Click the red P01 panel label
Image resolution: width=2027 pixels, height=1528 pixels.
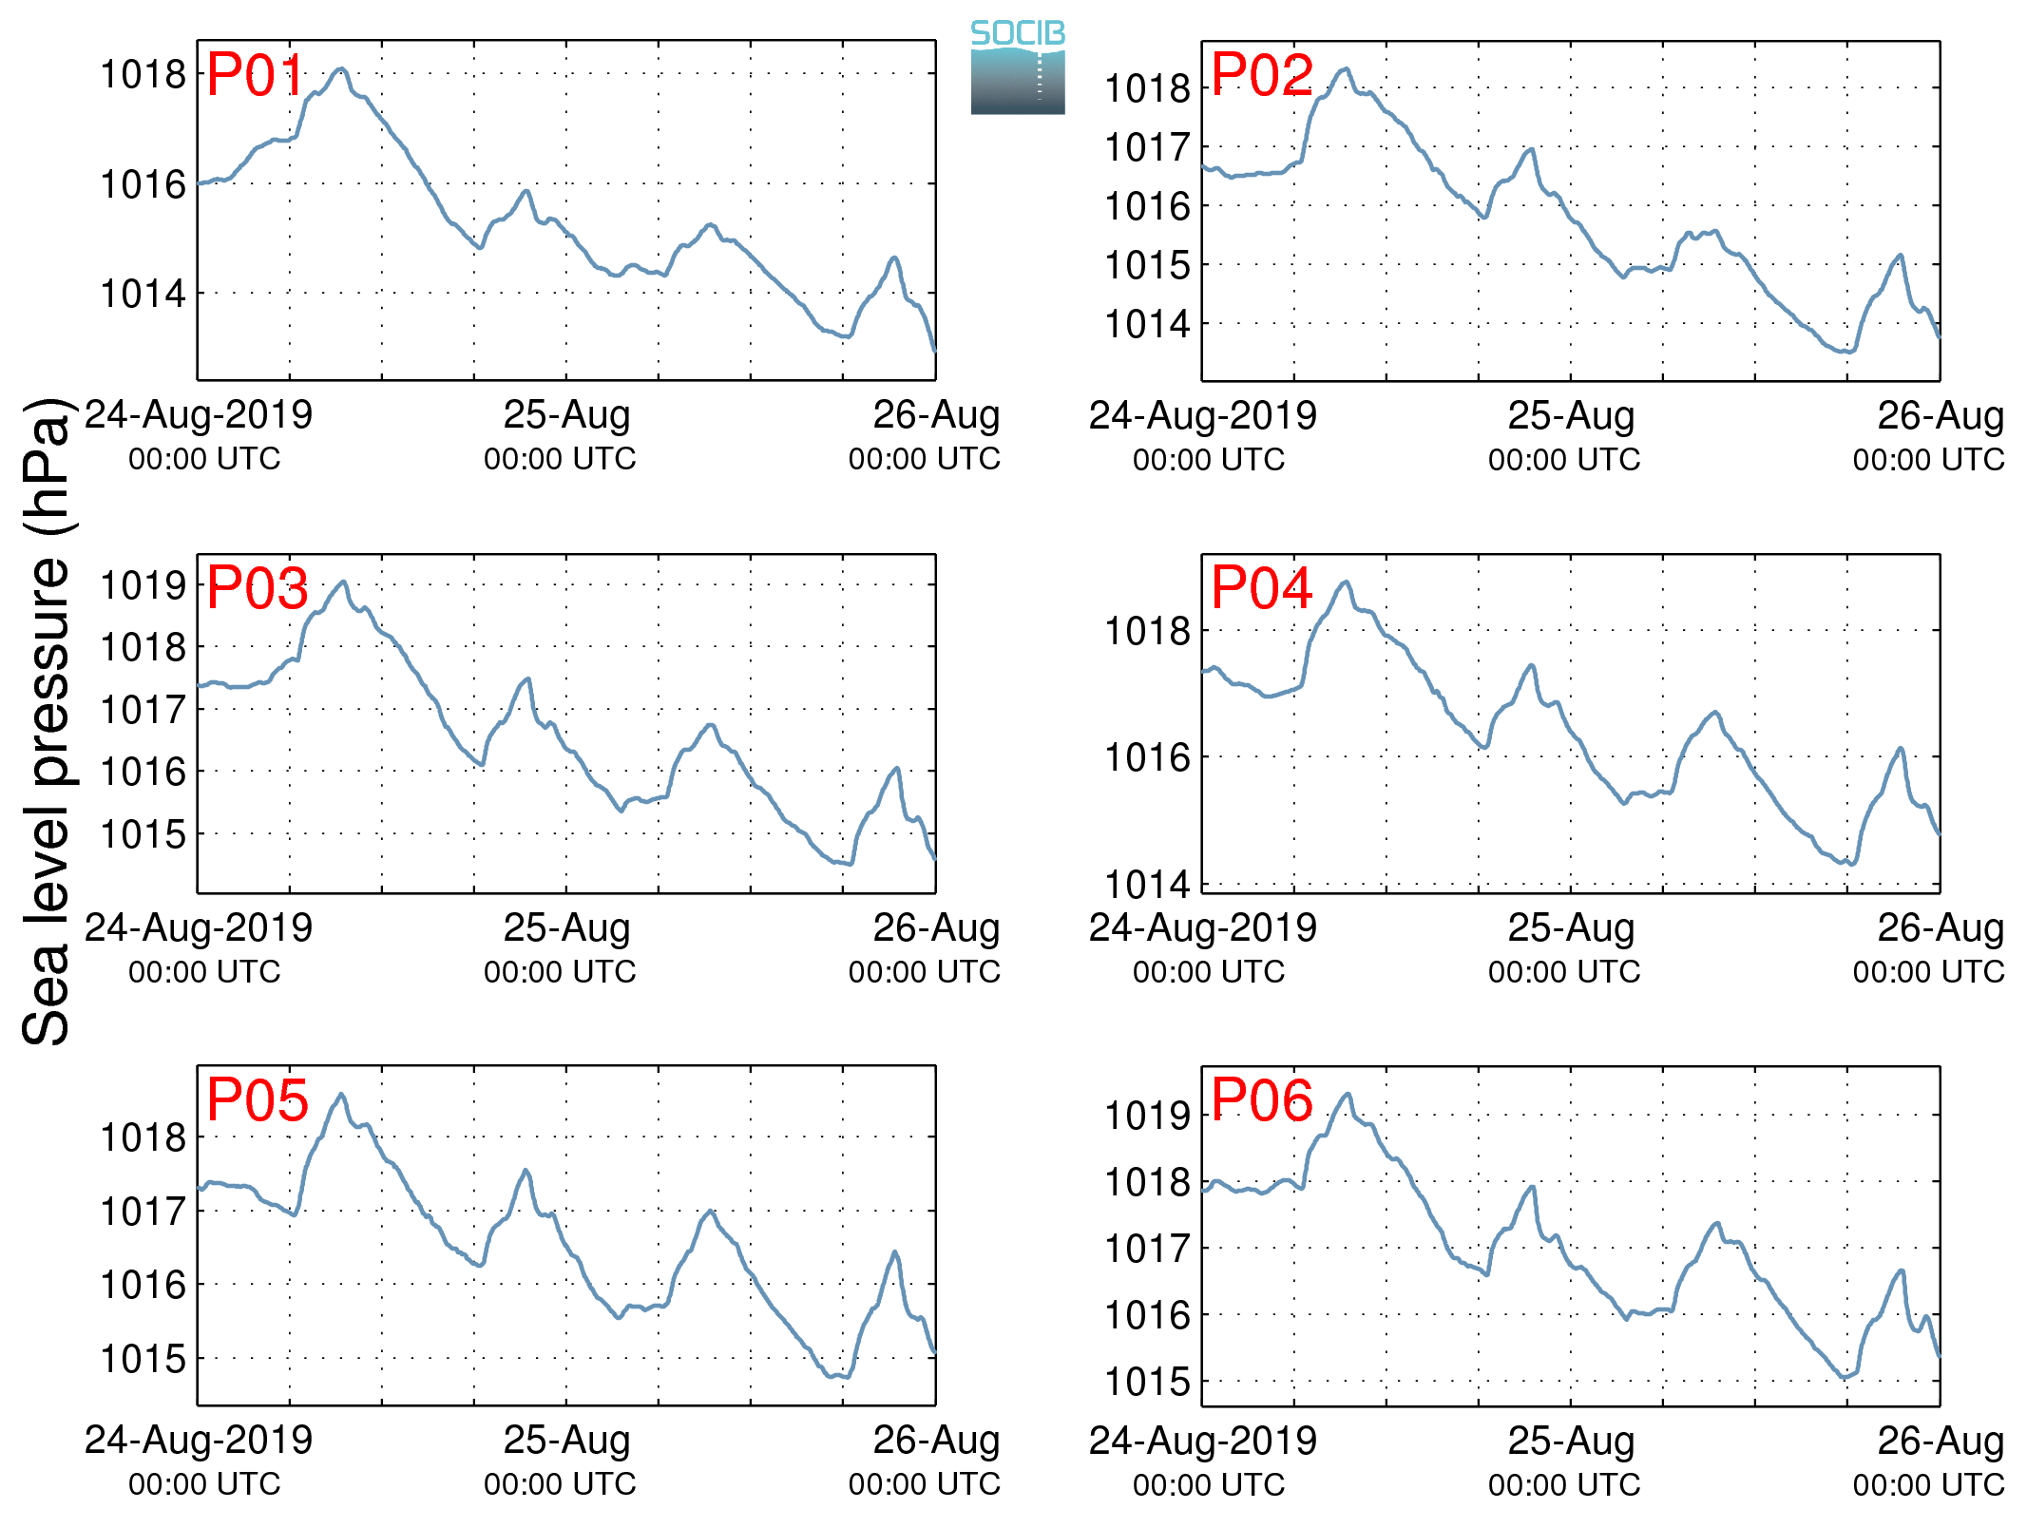pyautogui.click(x=256, y=75)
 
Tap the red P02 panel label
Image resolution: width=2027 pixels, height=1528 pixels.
pyautogui.click(x=1262, y=75)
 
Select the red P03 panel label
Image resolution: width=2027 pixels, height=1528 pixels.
pyautogui.click(x=258, y=588)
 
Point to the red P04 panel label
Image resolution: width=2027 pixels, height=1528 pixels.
pyautogui.click(x=1262, y=587)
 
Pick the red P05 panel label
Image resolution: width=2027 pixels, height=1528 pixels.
pyautogui.click(x=258, y=1100)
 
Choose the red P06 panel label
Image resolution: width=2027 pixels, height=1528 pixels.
pyautogui.click(x=1262, y=1100)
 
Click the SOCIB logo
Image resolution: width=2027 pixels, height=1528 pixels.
pyautogui.click(x=1018, y=67)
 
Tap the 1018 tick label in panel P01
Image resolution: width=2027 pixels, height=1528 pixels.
pyautogui.click(x=143, y=74)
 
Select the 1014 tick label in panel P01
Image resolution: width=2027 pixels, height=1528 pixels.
pyautogui.click(x=143, y=294)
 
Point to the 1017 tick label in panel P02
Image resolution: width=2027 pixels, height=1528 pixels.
pyautogui.click(x=1147, y=148)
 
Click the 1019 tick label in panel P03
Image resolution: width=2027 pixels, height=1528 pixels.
pyautogui.click(x=143, y=585)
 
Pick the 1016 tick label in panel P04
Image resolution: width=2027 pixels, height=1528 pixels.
pyautogui.click(x=1147, y=757)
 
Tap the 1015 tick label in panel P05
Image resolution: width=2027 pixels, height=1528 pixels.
pyautogui.click(x=143, y=1359)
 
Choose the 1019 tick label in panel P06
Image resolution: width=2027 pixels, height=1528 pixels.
pyautogui.click(x=1147, y=1116)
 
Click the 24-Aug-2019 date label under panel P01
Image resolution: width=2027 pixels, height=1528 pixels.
pyautogui.click(x=199, y=415)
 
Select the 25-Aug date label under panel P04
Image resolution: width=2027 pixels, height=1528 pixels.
pyautogui.click(x=1571, y=928)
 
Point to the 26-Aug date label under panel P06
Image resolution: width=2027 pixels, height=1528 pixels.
pyautogui.click(x=1941, y=1441)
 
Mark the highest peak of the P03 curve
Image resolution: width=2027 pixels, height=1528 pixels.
pyautogui.click(x=343, y=582)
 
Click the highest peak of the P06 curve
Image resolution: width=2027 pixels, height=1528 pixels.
pyautogui.click(x=1348, y=1095)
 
